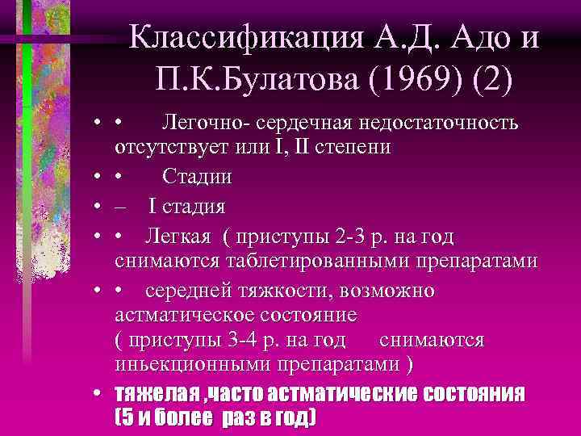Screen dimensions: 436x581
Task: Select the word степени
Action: click(356, 148)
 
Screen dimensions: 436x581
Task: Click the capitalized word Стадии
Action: click(198, 176)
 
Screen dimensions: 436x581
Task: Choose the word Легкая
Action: click(178, 236)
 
